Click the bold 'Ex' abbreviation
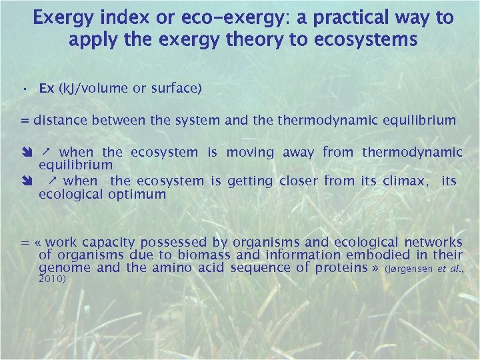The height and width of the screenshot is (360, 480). [x=47, y=89]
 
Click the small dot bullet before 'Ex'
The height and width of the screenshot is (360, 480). [x=23, y=89]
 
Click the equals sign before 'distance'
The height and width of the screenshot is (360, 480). [x=25, y=121]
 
